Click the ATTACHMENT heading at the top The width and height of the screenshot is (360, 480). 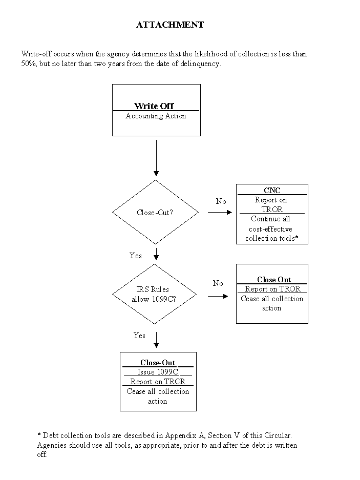click(x=170, y=25)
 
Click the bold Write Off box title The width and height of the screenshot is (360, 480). click(x=154, y=106)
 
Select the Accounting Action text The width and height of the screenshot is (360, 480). click(x=156, y=116)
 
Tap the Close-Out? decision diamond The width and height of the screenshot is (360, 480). click(x=155, y=212)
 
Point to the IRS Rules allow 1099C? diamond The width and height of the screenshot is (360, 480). click(x=155, y=294)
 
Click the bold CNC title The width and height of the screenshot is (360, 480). click(x=272, y=191)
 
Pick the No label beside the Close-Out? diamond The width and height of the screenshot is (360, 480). click(x=221, y=201)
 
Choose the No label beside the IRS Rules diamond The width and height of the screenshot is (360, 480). click(x=218, y=283)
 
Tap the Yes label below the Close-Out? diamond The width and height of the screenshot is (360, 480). click(x=136, y=255)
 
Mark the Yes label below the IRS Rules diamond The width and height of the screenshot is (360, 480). click(x=139, y=336)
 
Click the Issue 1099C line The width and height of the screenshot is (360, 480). click(x=158, y=372)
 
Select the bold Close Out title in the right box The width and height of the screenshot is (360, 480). click(x=274, y=280)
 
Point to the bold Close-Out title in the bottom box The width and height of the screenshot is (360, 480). click(x=158, y=363)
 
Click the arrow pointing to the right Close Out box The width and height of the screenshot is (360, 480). click(x=218, y=296)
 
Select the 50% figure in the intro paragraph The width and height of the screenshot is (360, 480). click(x=29, y=64)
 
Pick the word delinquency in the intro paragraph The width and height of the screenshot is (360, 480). click(x=201, y=64)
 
